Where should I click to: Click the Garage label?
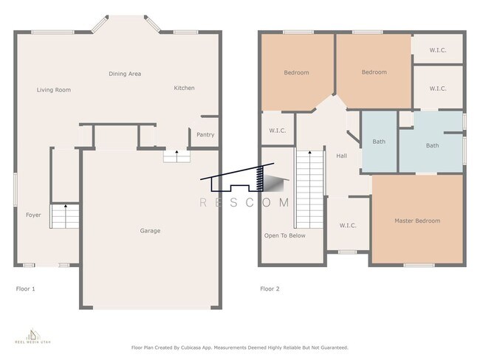150,231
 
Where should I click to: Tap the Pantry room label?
205,134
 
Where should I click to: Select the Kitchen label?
185,88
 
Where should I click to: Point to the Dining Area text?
125,74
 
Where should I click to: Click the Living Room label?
54,90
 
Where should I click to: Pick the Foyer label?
33,215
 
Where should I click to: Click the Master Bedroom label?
417,221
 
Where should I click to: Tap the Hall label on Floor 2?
342,156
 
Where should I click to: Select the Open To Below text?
285,235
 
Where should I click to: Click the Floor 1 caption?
25,288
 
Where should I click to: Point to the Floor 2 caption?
270,288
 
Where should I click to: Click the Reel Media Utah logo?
33,336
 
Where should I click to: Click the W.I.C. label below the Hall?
348,226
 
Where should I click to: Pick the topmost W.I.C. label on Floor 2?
438,50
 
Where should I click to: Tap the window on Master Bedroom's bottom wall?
419,265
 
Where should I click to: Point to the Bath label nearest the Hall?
379,142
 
